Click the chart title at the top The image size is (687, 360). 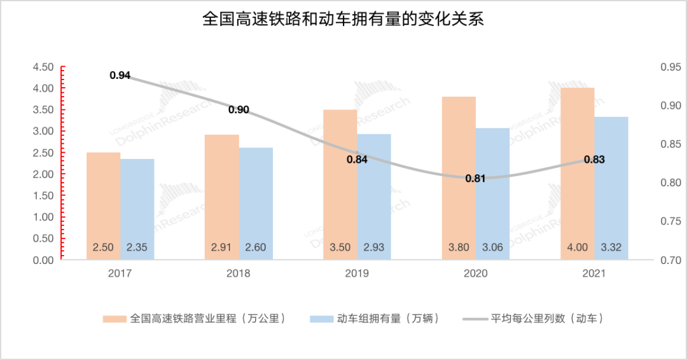[x=343, y=19]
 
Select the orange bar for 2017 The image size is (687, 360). [x=104, y=204]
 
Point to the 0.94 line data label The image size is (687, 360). [x=120, y=75]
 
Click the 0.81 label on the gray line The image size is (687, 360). [x=475, y=178]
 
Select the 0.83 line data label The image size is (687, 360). [x=593, y=159]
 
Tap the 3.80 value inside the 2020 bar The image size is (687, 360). [x=459, y=248]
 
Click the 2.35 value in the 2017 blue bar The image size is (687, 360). [x=137, y=248]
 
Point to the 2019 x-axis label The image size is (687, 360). [x=357, y=273]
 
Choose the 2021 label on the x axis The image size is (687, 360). [x=593, y=273]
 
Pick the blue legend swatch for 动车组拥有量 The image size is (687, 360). [x=320, y=319]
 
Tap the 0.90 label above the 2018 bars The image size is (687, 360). [x=239, y=109]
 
